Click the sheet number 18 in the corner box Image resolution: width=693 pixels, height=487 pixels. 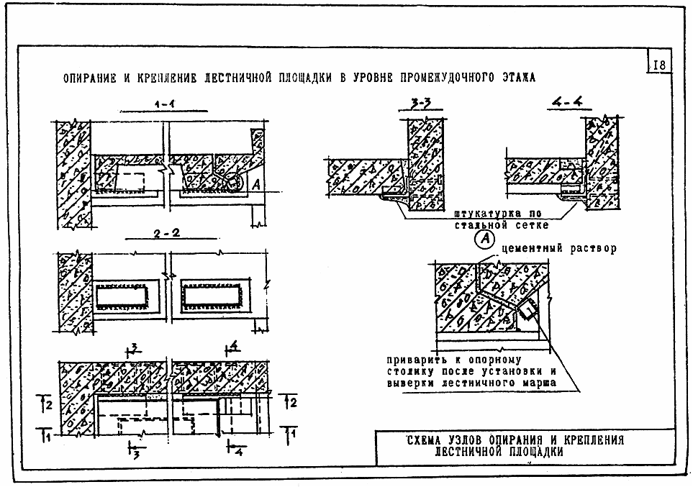[659, 65]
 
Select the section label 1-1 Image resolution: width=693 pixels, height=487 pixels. [164, 104]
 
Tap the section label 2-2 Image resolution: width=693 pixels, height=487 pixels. [167, 233]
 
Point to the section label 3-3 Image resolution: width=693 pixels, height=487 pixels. [420, 104]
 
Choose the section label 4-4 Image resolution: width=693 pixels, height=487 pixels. [568, 103]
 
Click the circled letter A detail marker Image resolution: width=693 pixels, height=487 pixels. [484, 240]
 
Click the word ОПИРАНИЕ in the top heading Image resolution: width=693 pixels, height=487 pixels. [90, 78]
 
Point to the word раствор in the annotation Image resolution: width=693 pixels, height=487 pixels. [593, 248]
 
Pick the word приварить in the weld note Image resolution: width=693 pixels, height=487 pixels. [416, 360]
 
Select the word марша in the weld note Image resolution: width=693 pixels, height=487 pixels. [540, 383]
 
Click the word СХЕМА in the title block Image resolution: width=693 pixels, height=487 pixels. [425, 440]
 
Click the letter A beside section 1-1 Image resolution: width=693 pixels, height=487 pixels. [256, 185]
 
